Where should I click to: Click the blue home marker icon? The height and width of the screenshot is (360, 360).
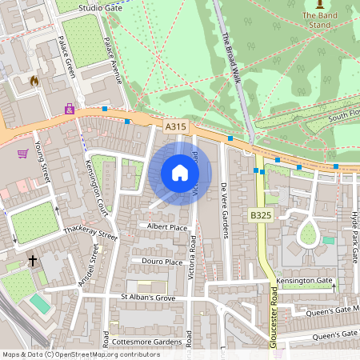tap(180, 173)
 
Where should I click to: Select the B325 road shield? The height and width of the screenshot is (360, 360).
tap(259, 215)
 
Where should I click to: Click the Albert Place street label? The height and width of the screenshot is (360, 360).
tap(167, 227)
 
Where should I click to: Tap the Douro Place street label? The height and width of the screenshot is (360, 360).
tap(162, 262)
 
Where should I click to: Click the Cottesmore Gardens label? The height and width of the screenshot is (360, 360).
tap(146, 342)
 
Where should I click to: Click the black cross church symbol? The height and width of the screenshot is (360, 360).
tap(33, 261)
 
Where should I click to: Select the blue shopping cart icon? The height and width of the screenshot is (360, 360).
tap(23, 153)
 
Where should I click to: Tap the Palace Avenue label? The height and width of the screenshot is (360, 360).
tap(112, 64)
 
